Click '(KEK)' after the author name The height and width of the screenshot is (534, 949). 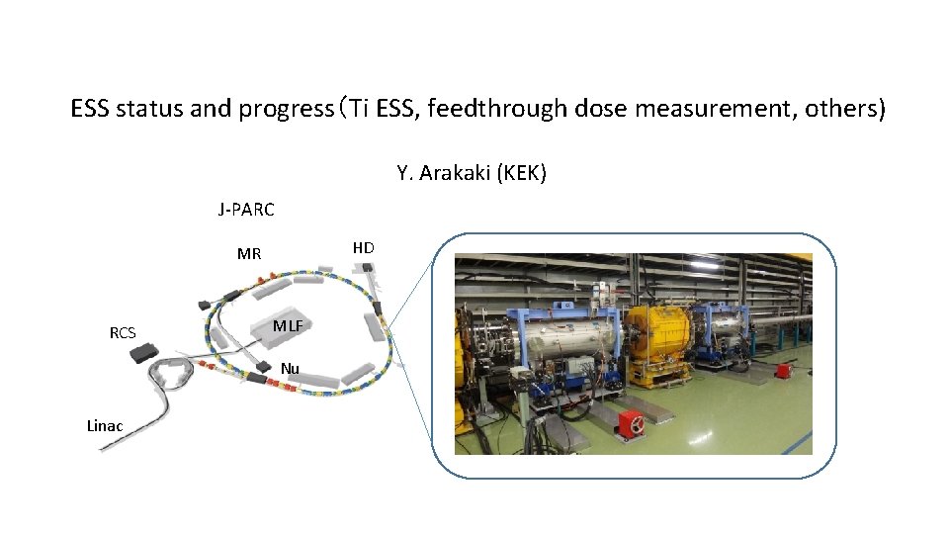523,174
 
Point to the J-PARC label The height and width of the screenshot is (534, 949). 246,210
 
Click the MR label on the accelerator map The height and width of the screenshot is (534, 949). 249,254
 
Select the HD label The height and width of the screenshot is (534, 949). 363,247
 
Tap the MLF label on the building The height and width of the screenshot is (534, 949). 288,326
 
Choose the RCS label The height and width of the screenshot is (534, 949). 123,333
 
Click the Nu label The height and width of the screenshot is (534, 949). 290,369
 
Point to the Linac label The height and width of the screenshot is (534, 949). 105,426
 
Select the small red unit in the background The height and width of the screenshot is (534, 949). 783,370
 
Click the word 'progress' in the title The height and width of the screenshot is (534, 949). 285,109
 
